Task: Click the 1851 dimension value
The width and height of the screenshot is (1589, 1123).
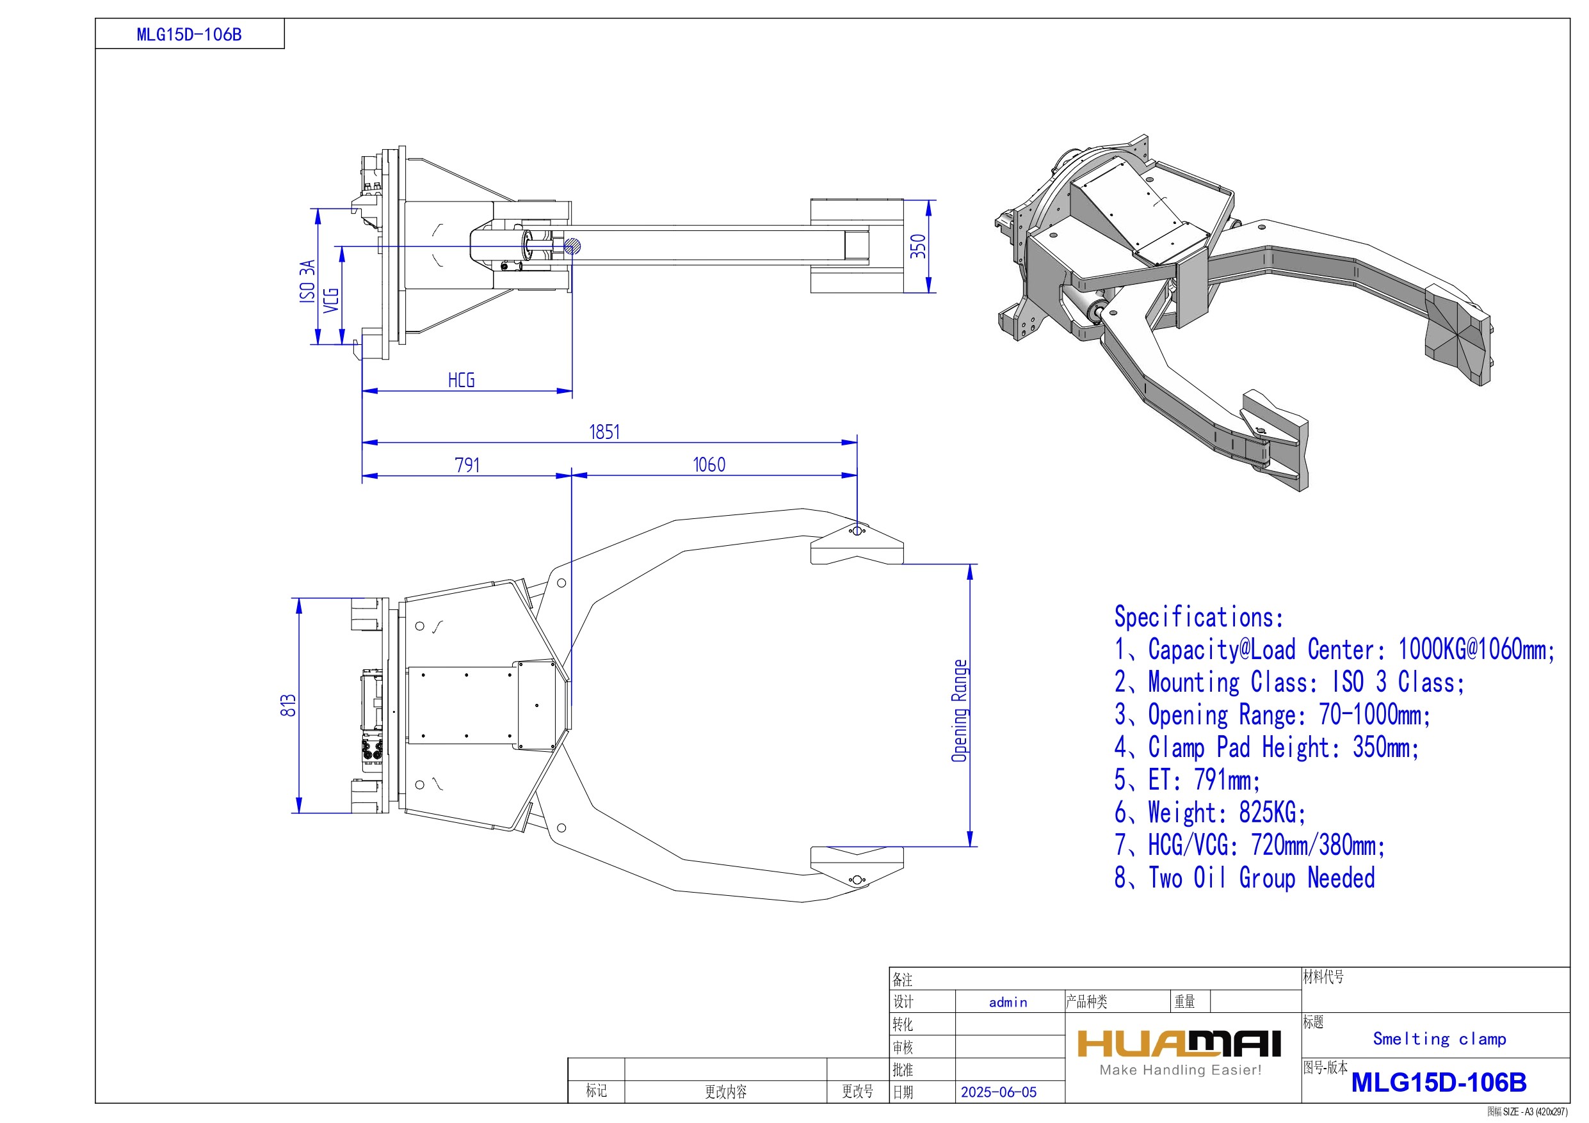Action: [604, 433]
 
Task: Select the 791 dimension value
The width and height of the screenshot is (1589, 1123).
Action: [467, 465]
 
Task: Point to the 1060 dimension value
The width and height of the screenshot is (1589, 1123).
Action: [709, 465]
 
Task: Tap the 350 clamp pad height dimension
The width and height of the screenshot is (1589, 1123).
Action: [917, 246]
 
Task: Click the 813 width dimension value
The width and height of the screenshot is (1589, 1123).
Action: [289, 705]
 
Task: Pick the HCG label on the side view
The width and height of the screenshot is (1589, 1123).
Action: [462, 380]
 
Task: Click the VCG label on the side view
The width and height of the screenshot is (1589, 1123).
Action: [332, 299]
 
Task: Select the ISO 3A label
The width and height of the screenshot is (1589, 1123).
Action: [307, 281]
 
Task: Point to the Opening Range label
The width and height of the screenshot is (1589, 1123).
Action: [959, 711]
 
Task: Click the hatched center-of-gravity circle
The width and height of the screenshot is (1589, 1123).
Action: [572, 246]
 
